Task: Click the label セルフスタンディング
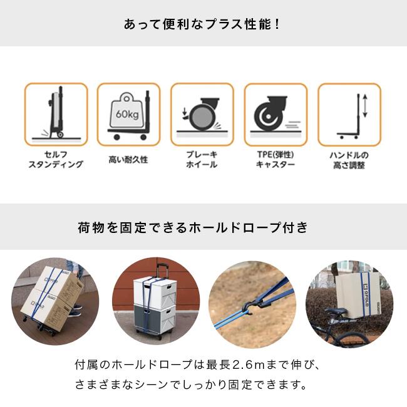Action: tap(56, 160)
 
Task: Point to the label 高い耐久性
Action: tap(128, 160)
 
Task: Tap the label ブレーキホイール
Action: tap(202, 160)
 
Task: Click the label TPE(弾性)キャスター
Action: tap(276, 160)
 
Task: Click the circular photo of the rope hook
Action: tap(252, 304)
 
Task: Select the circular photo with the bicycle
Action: tap(348, 304)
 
